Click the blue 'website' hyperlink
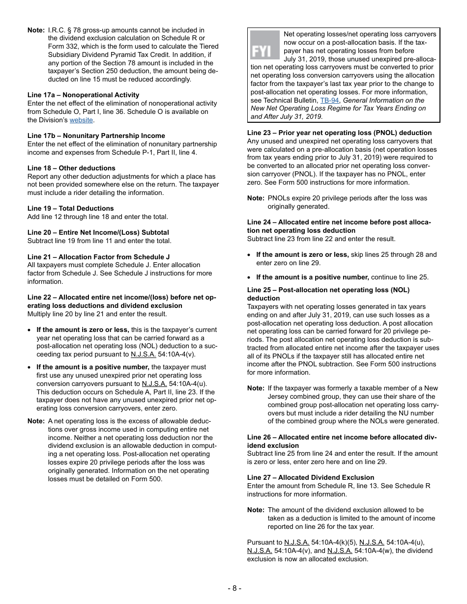pos(81,120)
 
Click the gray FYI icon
pos(264,45)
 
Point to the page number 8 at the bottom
pos(234,588)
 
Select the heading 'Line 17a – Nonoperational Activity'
pos(83,95)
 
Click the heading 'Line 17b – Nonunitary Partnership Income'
pos(96,136)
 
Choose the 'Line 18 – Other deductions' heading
pos(71,168)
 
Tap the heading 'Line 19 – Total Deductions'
pos(70,208)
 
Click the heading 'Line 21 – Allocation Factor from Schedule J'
pos(98,257)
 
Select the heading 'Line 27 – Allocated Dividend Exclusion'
pos(310,477)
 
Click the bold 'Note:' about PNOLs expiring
pos(256,198)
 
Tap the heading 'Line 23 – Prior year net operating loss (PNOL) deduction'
pos(339,133)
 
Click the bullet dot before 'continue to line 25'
pos(251,277)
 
